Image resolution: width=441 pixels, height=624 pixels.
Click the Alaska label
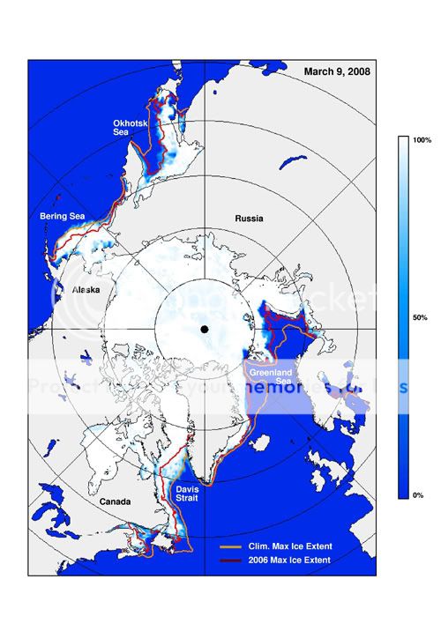(x=85, y=289)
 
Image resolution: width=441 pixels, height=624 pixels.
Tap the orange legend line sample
(x=231, y=548)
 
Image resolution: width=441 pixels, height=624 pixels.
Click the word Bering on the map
(x=53, y=215)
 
